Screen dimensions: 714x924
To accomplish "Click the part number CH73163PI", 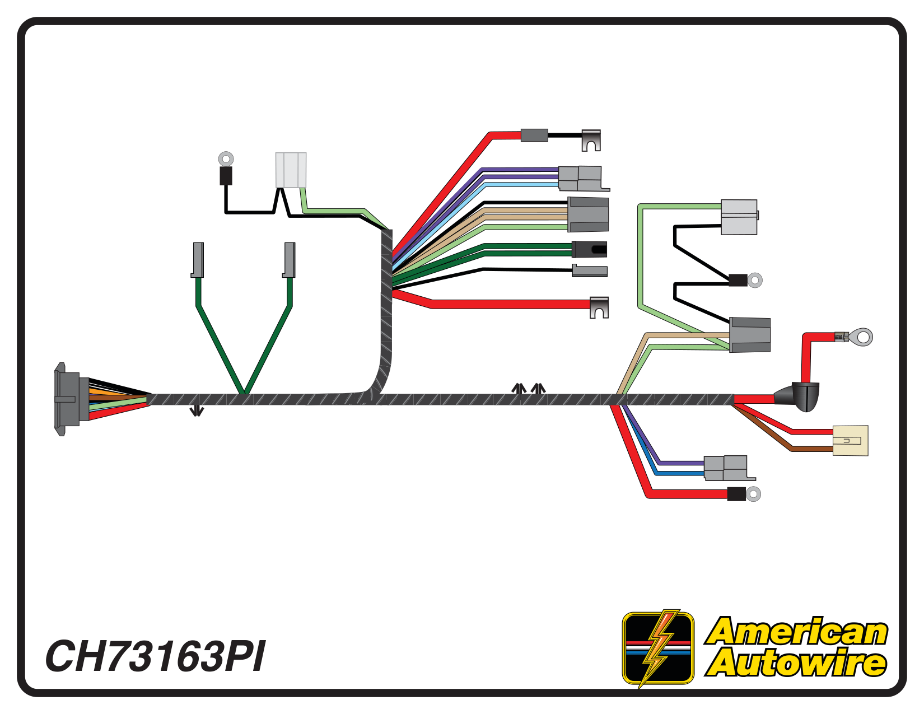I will click(x=155, y=656).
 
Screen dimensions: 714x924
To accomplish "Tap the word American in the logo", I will click(x=796, y=632).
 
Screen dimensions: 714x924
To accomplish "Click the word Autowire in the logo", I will click(x=796, y=663).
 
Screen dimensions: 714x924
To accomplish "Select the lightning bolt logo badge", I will click(x=658, y=648).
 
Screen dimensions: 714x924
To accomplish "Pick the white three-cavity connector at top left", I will click(x=291, y=170).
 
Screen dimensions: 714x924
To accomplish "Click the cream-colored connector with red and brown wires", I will click(x=850, y=440).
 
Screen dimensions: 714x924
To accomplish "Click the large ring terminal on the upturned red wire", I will click(x=863, y=337).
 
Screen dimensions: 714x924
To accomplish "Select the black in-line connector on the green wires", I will click(x=589, y=249).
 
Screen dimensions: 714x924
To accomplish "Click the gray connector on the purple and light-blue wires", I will click(x=582, y=179).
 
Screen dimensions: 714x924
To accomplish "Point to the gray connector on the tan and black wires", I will click(x=588, y=214).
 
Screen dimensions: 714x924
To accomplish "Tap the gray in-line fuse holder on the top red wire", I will click(x=534, y=135).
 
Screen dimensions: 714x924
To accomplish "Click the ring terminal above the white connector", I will click(x=226, y=159).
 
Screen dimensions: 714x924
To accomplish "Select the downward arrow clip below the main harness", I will click(x=197, y=412).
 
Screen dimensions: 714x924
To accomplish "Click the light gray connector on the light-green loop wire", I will click(x=739, y=217).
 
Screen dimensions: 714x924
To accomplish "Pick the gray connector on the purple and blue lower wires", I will click(x=726, y=468).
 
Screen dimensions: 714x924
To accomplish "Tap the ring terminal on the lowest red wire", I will click(x=754, y=494).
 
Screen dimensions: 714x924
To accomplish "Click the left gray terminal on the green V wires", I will click(x=198, y=260).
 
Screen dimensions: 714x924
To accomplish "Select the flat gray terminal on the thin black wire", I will click(x=589, y=271).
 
